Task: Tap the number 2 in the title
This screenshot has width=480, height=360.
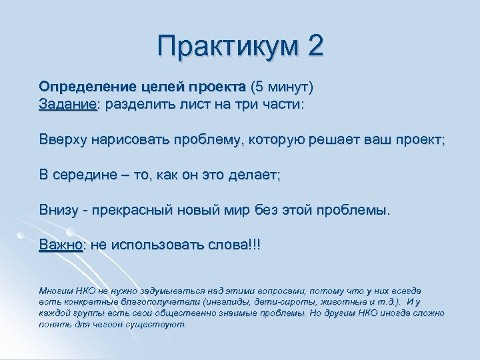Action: (315, 46)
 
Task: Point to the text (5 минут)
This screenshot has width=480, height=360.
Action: (281, 87)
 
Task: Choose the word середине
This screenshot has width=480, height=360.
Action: (81, 175)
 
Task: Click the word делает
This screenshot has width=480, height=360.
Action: (253, 175)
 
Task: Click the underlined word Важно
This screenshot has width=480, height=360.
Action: (61, 245)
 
